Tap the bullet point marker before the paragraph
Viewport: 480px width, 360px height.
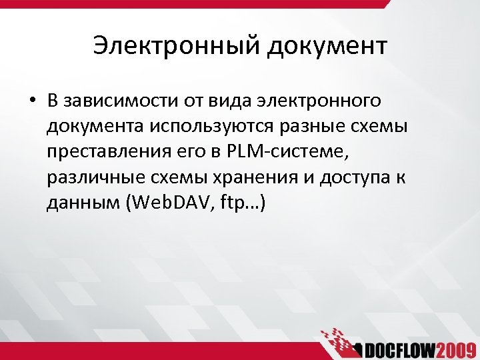tap(32, 101)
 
